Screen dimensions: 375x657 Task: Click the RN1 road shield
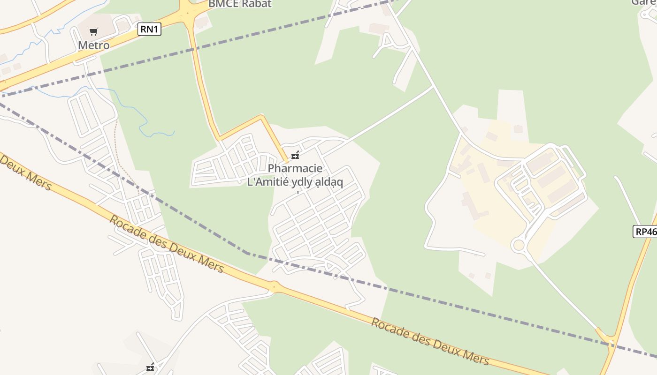(x=150, y=29)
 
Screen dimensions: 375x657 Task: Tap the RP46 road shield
(x=645, y=231)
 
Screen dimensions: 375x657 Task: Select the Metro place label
(x=94, y=45)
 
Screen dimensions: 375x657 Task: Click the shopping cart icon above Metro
(x=94, y=32)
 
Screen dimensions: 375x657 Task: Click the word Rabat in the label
(x=256, y=4)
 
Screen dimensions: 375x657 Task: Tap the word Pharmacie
(x=295, y=168)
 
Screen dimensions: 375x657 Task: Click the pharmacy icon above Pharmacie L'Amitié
(x=295, y=155)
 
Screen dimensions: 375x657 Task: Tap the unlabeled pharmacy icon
(x=150, y=367)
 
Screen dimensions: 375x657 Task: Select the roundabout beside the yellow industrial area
(x=519, y=245)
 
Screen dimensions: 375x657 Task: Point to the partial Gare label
(x=643, y=2)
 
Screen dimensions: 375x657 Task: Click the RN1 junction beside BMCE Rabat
(x=188, y=12)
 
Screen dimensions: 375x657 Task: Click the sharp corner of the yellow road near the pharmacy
(x=262, y=116)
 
